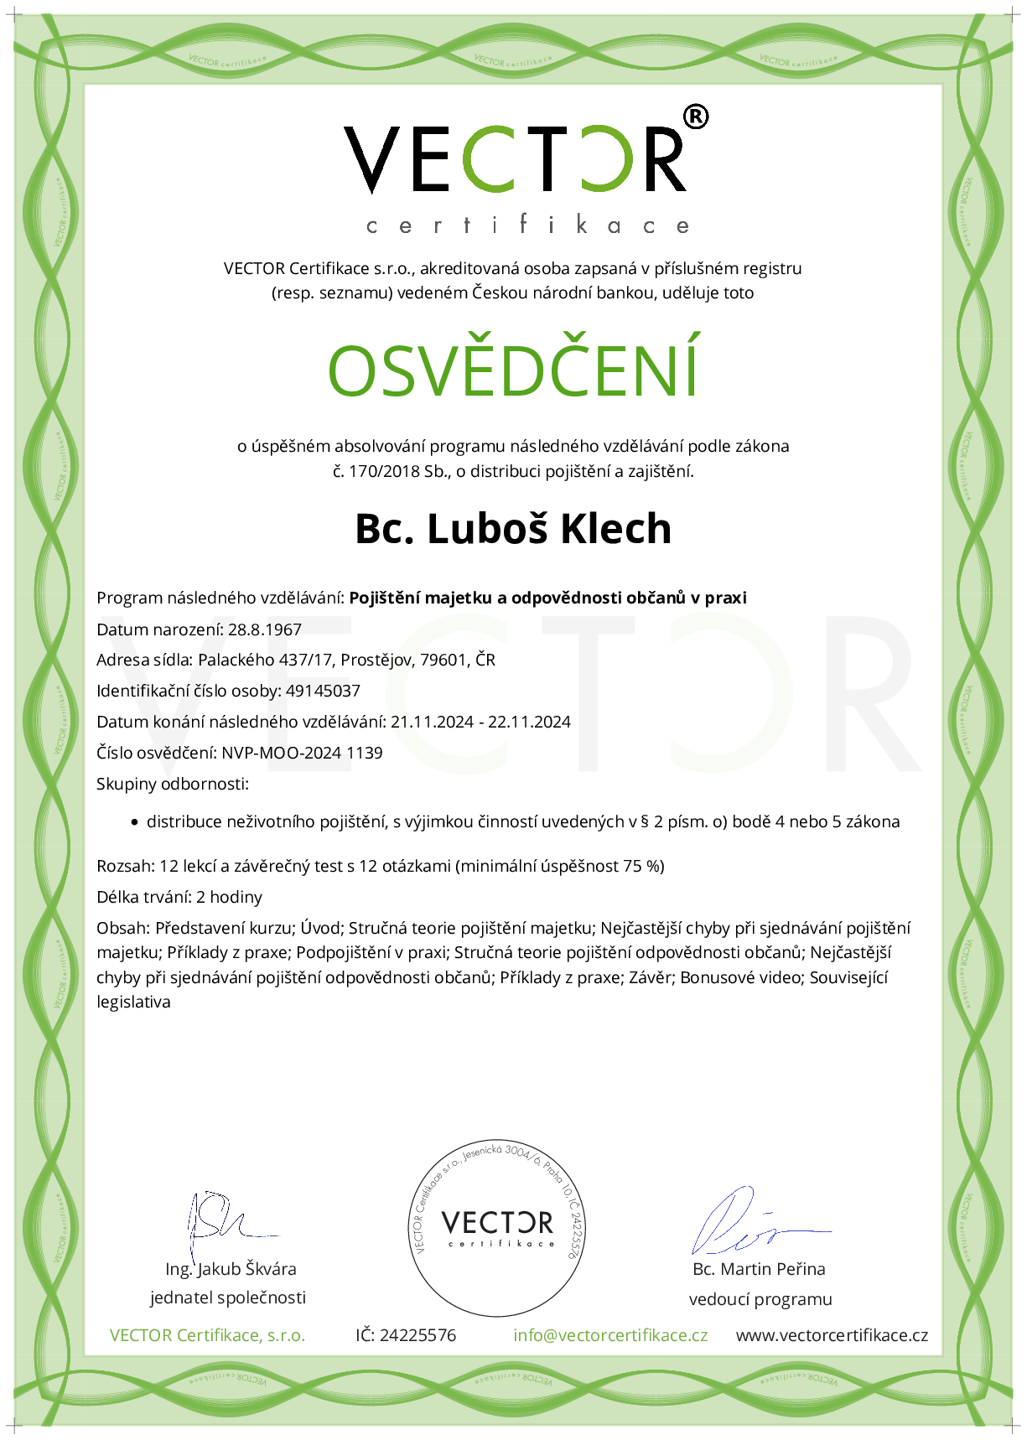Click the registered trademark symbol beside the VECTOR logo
click(x=696, y=117)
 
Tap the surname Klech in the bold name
click(x=615, y=529)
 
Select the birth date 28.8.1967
click(x=265, y=629)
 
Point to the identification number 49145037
click(x=323, y=691)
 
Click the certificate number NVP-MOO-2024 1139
click(x=302, y=753)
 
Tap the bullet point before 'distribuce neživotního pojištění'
click(x=134, y=822)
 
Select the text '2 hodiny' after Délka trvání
click(x=229, y=897)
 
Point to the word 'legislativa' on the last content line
click(x=133, y=1002)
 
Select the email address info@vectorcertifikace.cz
click(x=610, y=1335)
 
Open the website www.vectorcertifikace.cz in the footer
click(x=832, y=1335)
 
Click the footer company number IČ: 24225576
click(x=406, y=1335)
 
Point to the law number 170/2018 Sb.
click(x=397, y=471)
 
